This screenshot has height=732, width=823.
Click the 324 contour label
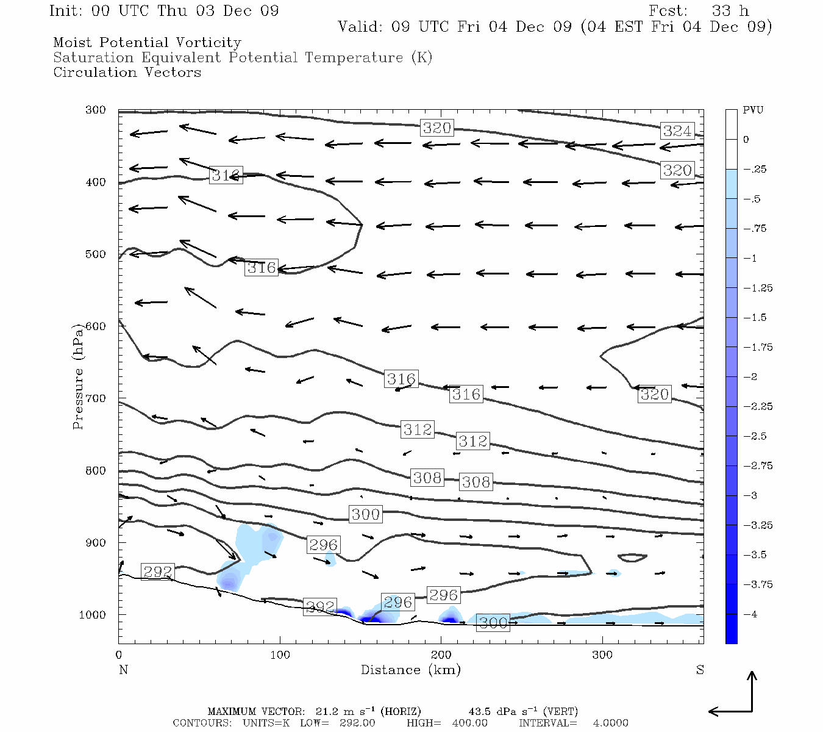click(x=677, y=131)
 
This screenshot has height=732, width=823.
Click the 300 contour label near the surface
click(x=493, y=623)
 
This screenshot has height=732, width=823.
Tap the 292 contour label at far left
click(x=158, y=572)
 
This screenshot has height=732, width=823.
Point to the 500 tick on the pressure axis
click(x=96, y=254)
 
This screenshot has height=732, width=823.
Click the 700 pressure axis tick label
click(x=96, y=398)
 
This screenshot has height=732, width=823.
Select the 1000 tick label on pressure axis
click(x=93, y=615)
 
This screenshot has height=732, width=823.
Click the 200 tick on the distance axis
click(x=441, y=655)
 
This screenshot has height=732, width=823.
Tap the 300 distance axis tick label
click(x=602, y=655)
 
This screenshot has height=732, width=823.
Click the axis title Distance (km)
click(x=410, y=670)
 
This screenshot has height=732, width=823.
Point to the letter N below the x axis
click(x=123, y=670)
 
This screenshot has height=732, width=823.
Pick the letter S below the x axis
click(x=700, y=670)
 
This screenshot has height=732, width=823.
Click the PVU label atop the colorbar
click(x=752, y=110)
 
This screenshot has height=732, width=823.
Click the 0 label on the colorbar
click(x=746, y=140)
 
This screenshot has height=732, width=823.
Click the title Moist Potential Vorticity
click(x=147, y=43)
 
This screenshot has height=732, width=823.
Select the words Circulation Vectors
click(x=127, y=73)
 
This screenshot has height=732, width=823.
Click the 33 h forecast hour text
click(x=730, y=11)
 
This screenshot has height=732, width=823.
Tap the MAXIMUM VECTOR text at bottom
click(x=255, y=711)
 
